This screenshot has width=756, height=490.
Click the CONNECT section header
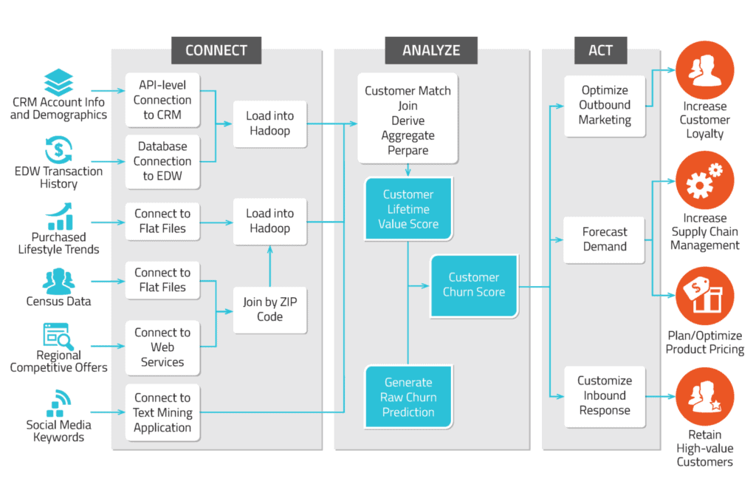coord(216,50)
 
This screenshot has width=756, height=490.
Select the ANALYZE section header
coord(431,50)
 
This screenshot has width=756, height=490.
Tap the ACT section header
coord(600,50)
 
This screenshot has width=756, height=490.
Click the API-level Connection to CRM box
coord(162,101)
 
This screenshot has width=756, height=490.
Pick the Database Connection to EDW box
coord(162,161)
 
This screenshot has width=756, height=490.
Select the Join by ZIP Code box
coord(269,309)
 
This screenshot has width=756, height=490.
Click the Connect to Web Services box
coord(162,347)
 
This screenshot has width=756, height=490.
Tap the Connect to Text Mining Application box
coord(162,412)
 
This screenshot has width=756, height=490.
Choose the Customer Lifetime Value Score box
coord(408,209)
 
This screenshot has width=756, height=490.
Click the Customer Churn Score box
coord(474,285)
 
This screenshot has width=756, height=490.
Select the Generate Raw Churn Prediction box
coord(408,397)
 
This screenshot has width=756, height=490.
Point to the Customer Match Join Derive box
coord(408,118)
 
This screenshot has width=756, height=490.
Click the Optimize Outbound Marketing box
coord(605,105)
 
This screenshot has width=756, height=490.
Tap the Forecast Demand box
coord(605,239)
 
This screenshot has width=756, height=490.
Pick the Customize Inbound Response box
coord(605,395)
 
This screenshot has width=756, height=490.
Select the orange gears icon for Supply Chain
coord(704,182)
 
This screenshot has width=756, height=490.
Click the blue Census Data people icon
coord(58,282)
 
